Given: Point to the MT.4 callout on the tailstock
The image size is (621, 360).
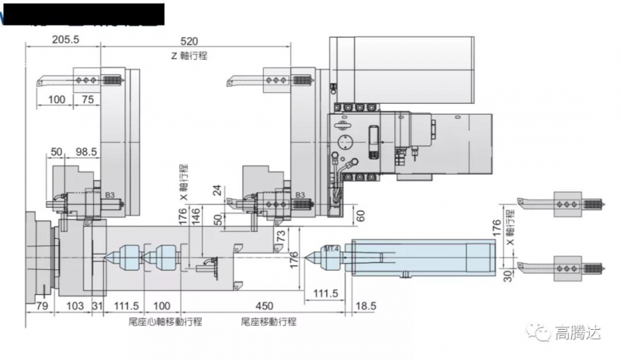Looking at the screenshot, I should coord(331,248).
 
